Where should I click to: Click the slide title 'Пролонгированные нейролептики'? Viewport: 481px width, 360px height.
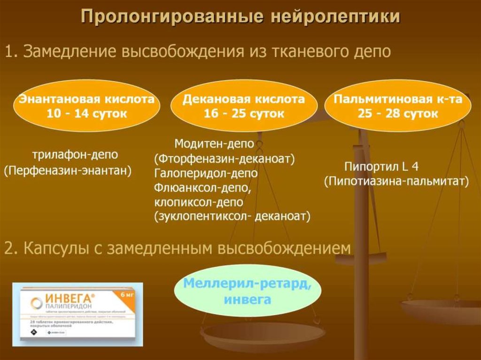point(240,17)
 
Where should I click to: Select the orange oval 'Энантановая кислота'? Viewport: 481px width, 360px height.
point(87,106)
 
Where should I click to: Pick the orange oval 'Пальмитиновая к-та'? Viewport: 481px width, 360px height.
point(398,106)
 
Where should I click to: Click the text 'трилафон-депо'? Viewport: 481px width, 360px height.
point(75,154)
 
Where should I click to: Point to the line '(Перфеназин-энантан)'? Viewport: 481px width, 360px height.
point(68,171)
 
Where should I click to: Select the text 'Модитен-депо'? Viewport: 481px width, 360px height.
point(214,143)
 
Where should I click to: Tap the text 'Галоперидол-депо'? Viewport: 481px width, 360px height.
point(206,173)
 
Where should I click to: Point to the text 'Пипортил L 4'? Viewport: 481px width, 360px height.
point(381,167)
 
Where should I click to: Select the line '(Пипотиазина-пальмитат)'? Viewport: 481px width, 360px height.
point(396,182)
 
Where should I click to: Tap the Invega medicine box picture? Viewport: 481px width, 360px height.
point(78,314)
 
